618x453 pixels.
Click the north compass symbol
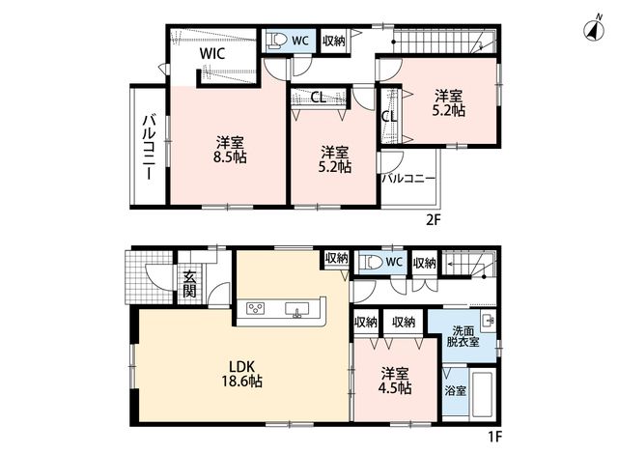595,28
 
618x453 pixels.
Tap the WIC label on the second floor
212,53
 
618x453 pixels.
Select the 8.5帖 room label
229,150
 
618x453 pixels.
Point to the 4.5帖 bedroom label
395,381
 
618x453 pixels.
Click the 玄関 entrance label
189,283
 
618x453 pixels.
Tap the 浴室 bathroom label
456,391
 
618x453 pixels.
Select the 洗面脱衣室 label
463,336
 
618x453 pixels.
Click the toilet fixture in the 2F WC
277,41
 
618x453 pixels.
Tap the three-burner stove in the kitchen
255,308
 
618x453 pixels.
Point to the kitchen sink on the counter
296,309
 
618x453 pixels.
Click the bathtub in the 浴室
483,394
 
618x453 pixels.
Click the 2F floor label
433,219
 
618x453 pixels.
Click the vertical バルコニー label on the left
149,147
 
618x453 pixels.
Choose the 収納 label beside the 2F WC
333,41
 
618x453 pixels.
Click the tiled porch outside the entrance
149,277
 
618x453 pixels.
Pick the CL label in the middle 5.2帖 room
319,98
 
